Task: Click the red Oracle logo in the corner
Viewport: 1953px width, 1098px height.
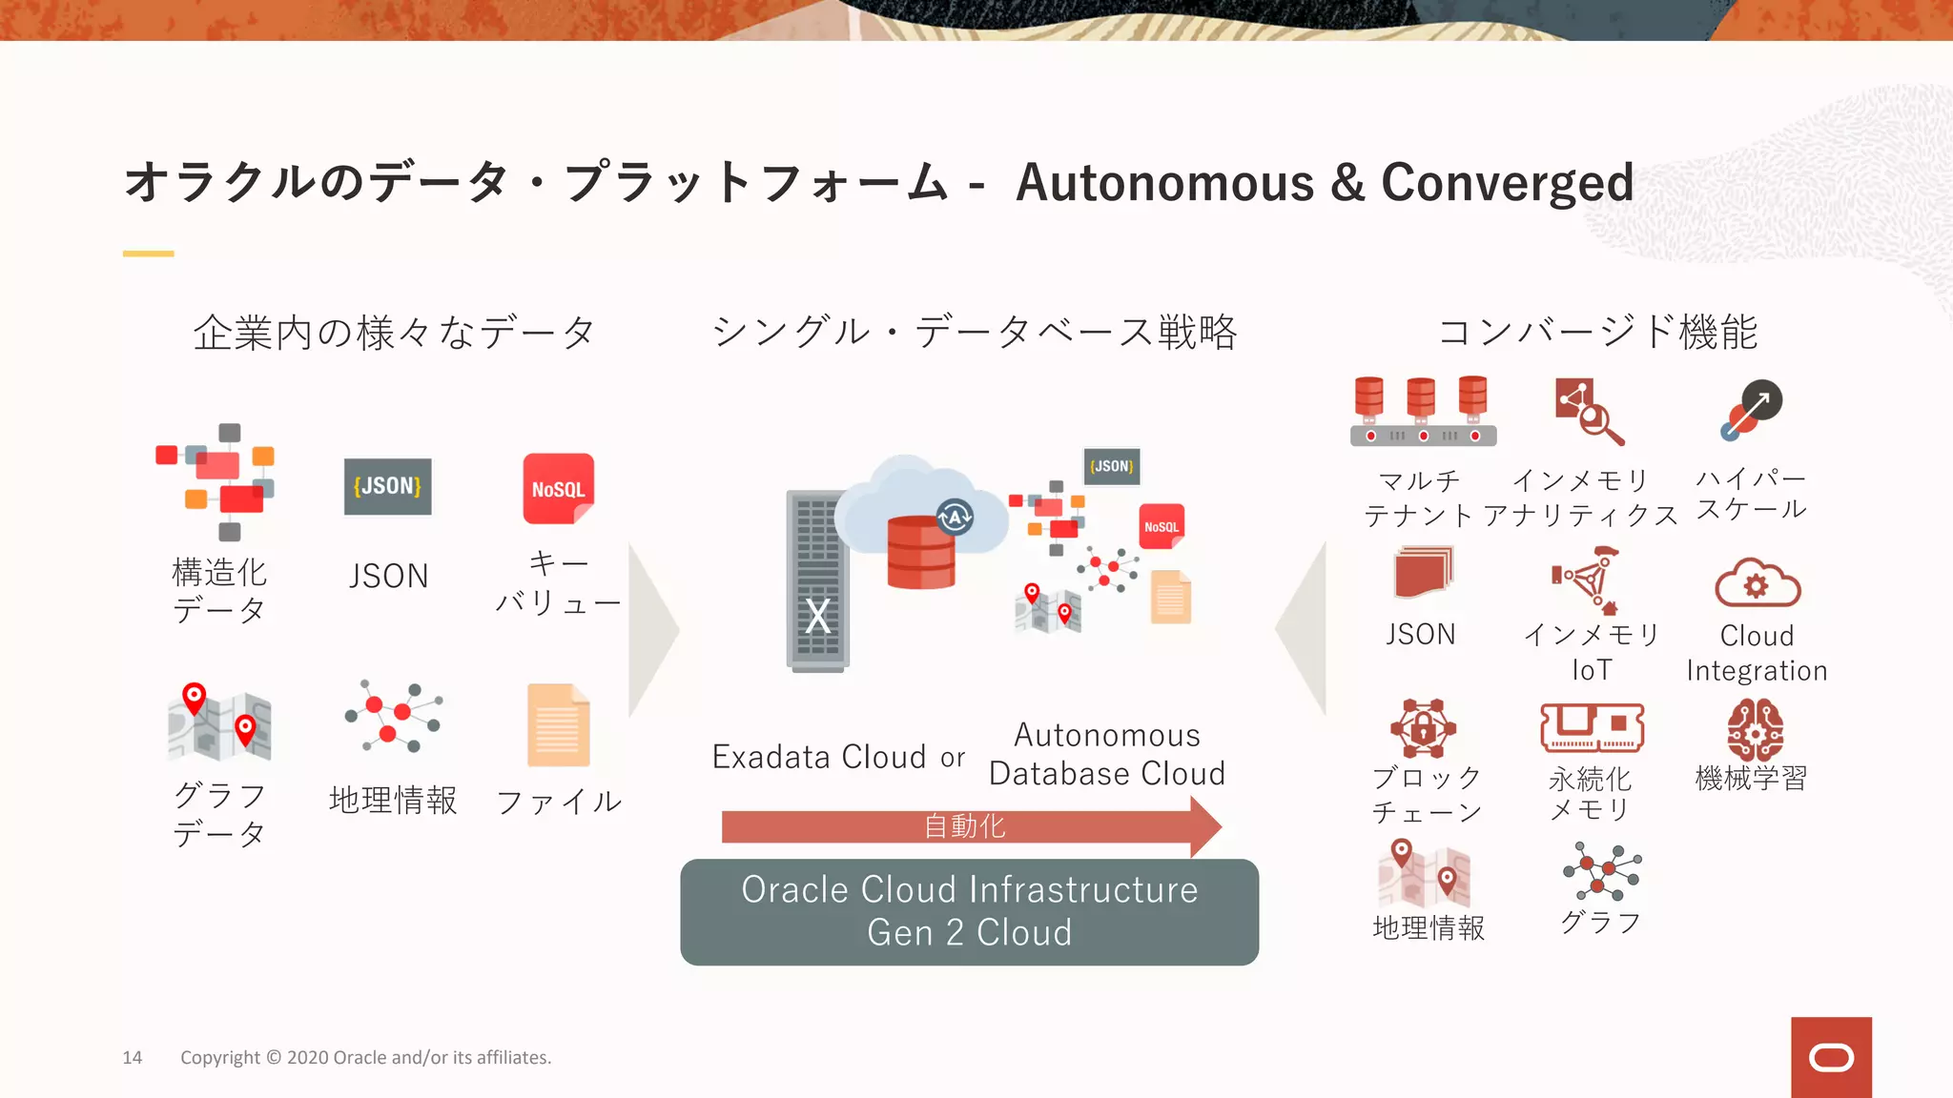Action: tap(1831, 1057)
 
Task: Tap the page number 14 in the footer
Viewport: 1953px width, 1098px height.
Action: tap(133, 1057)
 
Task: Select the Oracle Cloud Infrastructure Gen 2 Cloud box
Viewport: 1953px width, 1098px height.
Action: tap(969, 911)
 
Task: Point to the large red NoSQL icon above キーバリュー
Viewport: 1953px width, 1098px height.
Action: tap(558, 488)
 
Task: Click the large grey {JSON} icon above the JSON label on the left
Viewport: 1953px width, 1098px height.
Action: tap(387, 486)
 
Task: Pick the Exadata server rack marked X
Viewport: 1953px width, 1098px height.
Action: tap(817, 581)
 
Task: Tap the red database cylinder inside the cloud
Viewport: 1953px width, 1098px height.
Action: tap(920, 553)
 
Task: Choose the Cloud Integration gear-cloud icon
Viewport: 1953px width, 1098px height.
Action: tap(1757, 583)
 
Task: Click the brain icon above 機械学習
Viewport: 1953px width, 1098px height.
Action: tap(1755, 730)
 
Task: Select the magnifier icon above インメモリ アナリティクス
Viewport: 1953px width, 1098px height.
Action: tap(1589, 412)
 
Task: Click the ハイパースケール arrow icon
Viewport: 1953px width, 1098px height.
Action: tap(1752, 411)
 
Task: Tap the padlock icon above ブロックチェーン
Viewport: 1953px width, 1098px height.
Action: tap(1423, 729)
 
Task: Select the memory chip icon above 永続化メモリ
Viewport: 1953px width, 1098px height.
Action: tap(1592, 729)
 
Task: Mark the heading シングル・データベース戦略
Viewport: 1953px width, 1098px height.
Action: tap(975, 333)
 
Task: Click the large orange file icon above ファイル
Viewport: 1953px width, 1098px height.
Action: tap(558, 725)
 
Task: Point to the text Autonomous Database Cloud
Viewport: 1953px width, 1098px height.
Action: tap(1107, 754)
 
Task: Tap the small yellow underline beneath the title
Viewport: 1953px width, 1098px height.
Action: tap(148, 254)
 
